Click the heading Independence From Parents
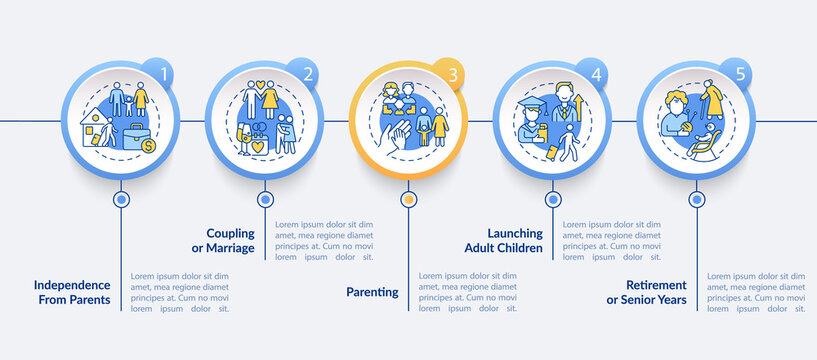coord(72,292)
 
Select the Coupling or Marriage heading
coord(224,240)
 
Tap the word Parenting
coord(373,292)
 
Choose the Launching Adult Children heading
coord(504,240)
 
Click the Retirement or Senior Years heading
coord(647,292)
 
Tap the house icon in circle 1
coord(94,127)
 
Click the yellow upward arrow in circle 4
coord(578,105)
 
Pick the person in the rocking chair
coord(703,142)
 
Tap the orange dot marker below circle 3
coord(408,199)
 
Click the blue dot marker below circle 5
coord(697,199)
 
